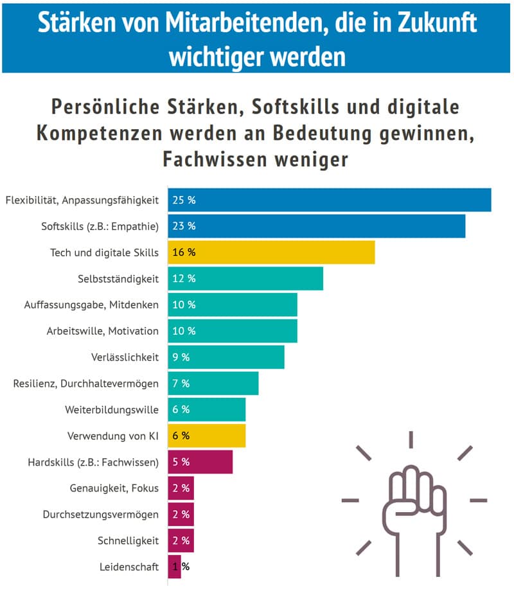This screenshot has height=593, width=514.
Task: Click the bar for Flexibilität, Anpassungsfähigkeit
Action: (330, 200)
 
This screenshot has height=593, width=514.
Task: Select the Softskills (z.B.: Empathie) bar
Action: (317, 226)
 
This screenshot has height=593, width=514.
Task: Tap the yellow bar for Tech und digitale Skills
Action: (271, 252)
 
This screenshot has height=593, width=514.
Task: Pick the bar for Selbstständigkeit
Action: (245, 278)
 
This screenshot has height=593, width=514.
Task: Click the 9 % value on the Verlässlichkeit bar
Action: (181, 357)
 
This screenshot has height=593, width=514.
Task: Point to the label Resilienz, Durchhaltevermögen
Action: (86, 384)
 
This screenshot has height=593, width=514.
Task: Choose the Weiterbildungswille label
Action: (112, 409)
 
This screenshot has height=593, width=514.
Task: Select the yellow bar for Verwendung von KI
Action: (207, 436)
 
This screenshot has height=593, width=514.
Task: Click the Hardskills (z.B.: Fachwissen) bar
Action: (200, 461)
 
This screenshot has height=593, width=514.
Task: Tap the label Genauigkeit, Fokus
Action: (114, 488)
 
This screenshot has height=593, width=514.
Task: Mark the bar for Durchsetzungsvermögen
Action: (181, 514)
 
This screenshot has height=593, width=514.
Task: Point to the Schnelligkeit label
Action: (128, 540)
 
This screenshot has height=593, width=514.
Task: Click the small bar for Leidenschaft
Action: (174, 567)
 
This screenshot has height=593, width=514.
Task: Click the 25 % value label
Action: (184, 200)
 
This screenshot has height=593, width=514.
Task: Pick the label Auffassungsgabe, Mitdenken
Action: (91, 305)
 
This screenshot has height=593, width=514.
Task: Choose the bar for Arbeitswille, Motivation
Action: (233, 331)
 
